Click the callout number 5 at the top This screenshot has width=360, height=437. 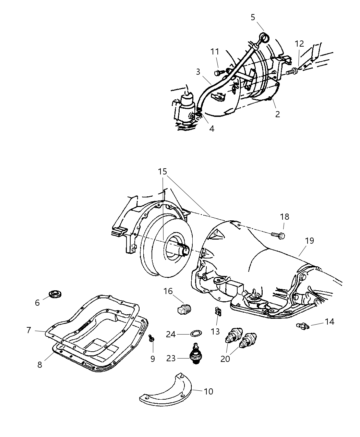point(253,17)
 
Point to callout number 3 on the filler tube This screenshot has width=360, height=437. point(198,72)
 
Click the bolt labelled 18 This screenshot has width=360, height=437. point(278,235)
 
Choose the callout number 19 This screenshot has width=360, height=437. point(309,241)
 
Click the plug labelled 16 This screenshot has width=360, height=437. point(184,308)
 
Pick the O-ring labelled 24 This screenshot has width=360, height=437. point(196,333)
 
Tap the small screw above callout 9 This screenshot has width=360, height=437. point(151,339)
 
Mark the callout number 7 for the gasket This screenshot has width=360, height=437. point(29,330)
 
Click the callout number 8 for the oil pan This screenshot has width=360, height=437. point(40,365)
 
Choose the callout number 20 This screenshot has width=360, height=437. point(225,359)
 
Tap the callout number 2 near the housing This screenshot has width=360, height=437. point(277,114)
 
